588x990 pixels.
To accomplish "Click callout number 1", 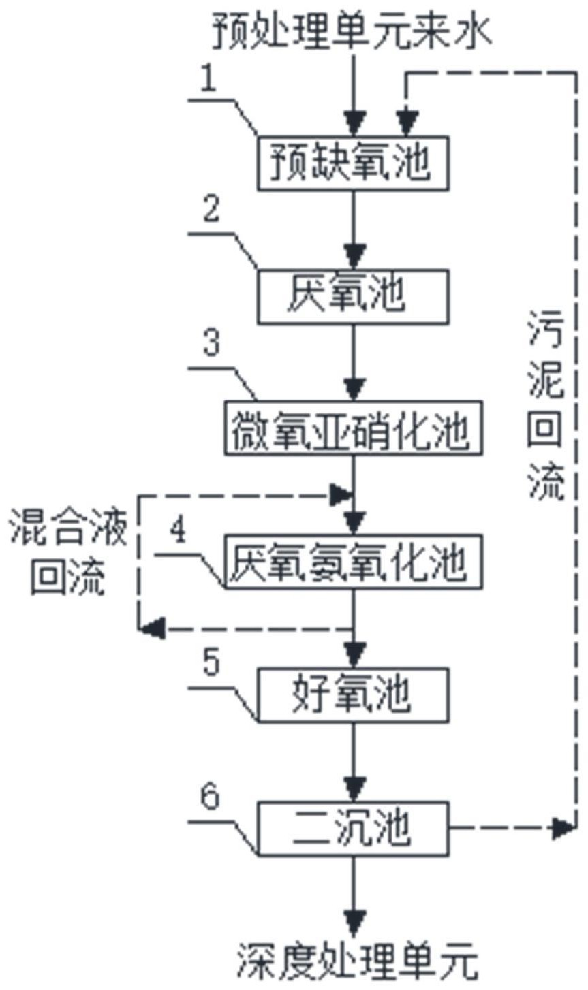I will tap(209, 81).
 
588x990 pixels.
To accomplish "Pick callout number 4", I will tap(179, 531).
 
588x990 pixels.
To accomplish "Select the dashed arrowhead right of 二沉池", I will tap(563, 828).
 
